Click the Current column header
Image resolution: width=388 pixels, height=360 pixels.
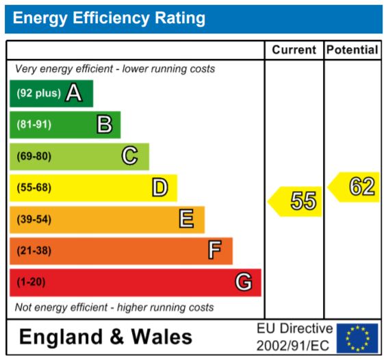(x=294, y=50)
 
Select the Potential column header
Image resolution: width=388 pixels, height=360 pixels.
(x=352, y=50)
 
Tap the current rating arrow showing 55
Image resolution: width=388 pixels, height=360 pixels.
(x=295, y=201)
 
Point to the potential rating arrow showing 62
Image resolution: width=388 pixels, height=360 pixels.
(x=353, y=187)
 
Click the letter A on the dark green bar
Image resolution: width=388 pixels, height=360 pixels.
(x=74, y=93)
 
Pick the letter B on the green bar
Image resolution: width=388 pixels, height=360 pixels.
(x=104, y=124)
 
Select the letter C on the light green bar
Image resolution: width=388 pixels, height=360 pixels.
(x=129, y=155)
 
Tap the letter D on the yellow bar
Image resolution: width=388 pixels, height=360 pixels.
(x=160, y=188)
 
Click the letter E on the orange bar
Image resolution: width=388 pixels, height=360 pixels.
(x=186, y=218)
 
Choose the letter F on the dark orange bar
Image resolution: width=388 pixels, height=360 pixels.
(x=215, y=250)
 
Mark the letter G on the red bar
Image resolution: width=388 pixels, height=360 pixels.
(x=244, y=281)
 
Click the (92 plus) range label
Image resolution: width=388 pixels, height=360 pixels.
(x=38, y=93)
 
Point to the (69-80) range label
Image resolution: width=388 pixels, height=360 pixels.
(x=34, y=156)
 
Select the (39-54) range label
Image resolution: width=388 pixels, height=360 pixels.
(x=34, y=219)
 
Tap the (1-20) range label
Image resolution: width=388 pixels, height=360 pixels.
(x=31, y=282)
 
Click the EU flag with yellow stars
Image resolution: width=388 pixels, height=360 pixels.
(x=357, y=338)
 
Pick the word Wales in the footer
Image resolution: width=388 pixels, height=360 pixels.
(x=161, y=337)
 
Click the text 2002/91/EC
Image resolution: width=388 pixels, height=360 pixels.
(x=293, y=346)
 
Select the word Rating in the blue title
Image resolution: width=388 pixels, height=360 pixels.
(x=180, y=18)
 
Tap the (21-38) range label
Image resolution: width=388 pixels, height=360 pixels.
(x=34, y=250)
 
